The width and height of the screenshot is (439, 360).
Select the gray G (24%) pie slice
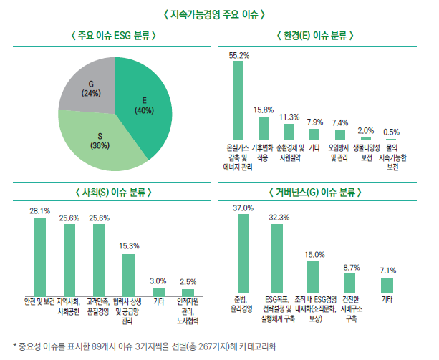point(93,86)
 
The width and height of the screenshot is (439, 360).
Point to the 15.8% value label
point(264,110)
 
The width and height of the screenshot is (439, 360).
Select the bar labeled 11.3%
point(289,131)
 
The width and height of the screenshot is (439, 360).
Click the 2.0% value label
point(365,130)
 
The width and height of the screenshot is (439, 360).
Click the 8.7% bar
point(351,283)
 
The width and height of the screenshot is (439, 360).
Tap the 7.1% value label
point(387,270)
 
